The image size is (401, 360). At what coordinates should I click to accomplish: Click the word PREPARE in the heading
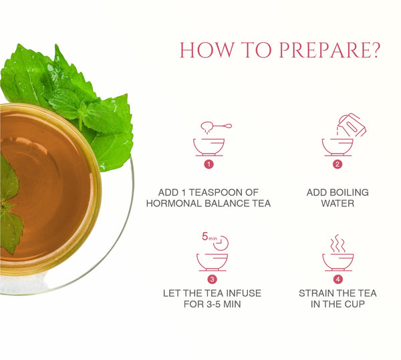[329, 50]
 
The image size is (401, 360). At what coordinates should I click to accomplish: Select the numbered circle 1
[209, 164]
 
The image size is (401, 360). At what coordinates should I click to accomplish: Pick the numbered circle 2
[338, 164]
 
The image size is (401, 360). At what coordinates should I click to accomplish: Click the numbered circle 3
[212, 279]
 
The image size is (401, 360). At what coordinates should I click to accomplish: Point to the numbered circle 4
[338, 279]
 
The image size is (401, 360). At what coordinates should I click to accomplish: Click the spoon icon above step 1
[216, 127]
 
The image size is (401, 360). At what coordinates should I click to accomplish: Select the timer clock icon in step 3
[221, 243]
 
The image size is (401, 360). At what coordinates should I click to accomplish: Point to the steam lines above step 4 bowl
[338, 244]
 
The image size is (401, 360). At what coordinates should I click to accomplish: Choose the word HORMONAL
[174, 204]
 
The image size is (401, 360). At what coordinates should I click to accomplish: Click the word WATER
[338, 204]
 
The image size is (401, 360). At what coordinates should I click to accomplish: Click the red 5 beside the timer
[205, 236]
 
